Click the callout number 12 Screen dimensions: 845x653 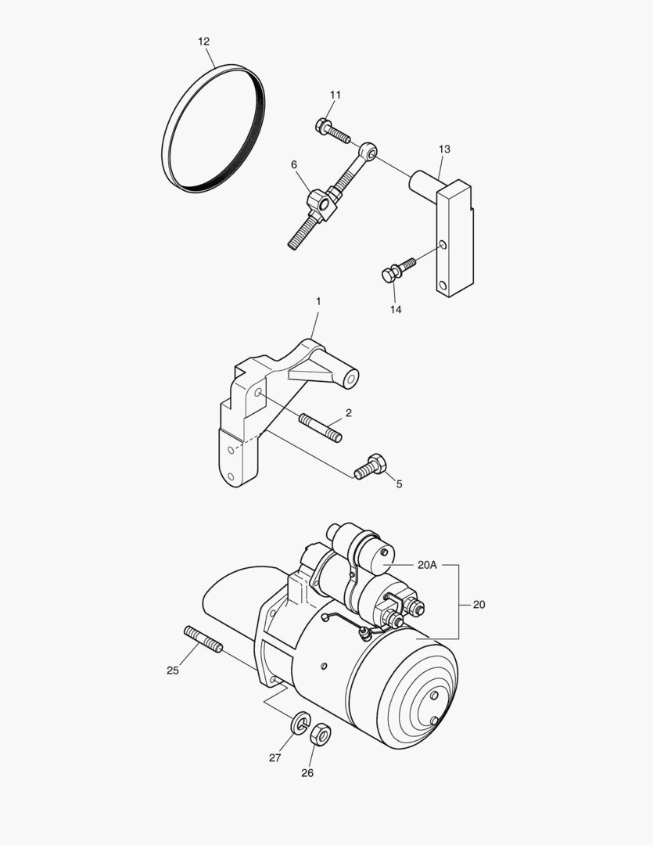point(203,41)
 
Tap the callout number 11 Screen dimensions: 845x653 point(335,95)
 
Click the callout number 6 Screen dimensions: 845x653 point(294,164)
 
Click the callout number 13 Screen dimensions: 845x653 point(444,149)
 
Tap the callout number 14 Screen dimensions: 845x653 point(396,310)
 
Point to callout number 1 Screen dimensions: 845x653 point(318,301)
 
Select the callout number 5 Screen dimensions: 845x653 point(399,484)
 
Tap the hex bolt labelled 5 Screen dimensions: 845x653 point(370,467)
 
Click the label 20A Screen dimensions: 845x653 point(429,564)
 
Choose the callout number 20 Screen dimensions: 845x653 point(479,604)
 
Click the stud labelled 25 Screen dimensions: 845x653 point(203,638)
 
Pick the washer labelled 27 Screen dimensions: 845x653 point(300,724)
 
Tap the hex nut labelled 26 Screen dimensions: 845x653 point(320,735)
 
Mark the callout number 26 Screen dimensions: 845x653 point(307,773)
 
